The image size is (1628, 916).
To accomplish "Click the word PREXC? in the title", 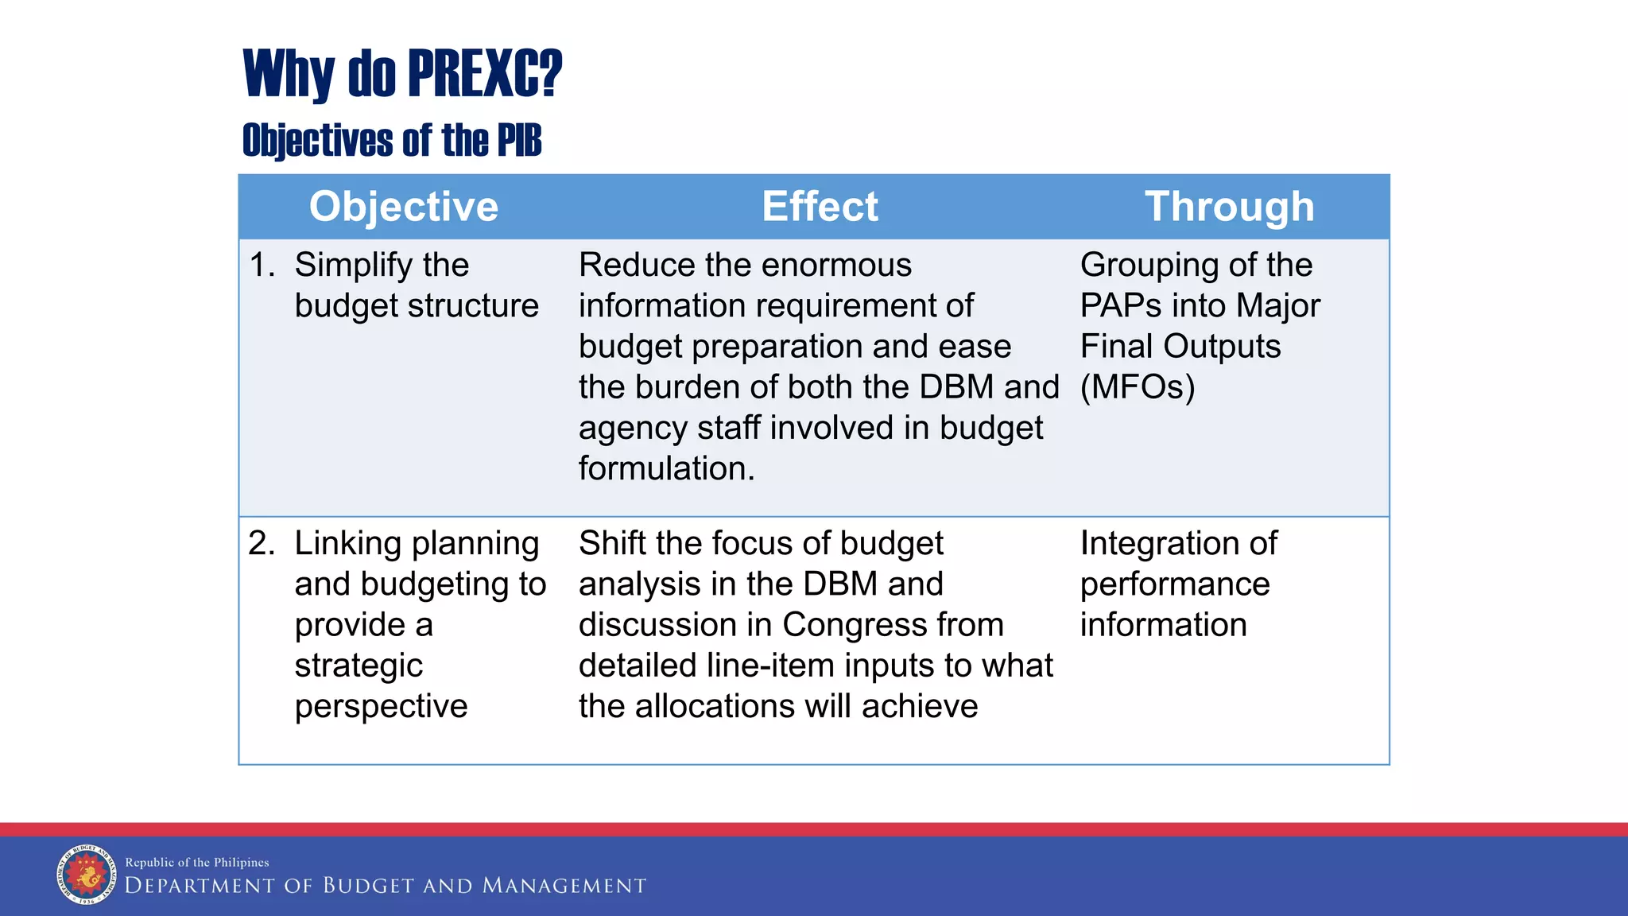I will click(x=485, y=73).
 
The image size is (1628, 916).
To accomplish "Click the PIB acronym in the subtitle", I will click(x=519, y=141).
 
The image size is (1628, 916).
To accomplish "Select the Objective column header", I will click(x=403, y=207).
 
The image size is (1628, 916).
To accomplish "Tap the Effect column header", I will click(x=820, y=207).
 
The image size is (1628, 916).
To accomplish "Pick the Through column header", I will click(x=1229, y=207).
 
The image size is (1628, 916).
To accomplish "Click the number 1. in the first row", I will click(x=262, y=265).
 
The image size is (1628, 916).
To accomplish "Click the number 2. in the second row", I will click(x=262, y=543).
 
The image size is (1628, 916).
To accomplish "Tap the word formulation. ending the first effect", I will click(x=666, y=468).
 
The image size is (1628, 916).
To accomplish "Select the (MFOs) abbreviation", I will click(x=1137, y=387).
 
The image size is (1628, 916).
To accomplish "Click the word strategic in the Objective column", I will click(x=359, y=666).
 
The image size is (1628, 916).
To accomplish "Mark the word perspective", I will click(x=381, y=707).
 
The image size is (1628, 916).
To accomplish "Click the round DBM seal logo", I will click(x=87, y=875).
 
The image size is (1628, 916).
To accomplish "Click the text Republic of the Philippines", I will click(x=197, y=862).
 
